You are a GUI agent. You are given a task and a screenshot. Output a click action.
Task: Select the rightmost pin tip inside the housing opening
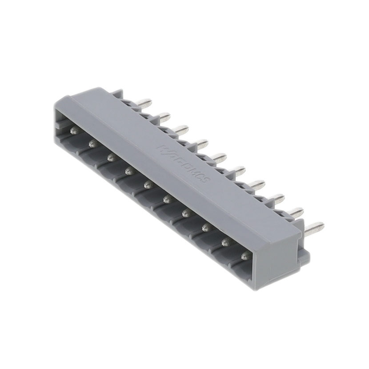point(245,256)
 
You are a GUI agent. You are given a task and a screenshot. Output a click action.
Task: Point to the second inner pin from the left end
point(92,144)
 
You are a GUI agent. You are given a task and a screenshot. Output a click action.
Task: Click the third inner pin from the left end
point(111,157)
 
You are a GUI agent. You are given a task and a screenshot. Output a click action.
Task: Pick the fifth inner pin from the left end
point(148,184)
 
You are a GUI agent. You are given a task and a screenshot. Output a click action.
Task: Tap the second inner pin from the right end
point(225,242)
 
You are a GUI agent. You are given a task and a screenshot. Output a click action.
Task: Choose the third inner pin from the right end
point(206,228)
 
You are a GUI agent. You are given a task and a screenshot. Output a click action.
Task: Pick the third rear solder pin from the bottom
point(276,197)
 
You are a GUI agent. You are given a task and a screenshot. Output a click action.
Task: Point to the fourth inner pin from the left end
point(129,170)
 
